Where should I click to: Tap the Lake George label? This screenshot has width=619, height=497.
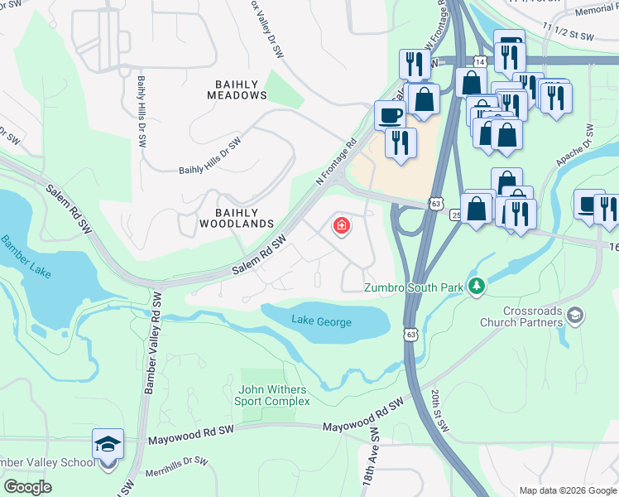tap(321, 322)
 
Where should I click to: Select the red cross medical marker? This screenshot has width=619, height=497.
tap(340, 226)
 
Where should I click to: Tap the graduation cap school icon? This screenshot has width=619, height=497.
tap(108, 445)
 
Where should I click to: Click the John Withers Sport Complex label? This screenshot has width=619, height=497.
tap(274, 395)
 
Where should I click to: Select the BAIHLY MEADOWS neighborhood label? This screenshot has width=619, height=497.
tap(238, 89)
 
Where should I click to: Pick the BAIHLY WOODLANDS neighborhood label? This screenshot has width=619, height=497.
tap(236, 218)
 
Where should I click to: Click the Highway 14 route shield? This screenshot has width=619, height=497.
tap(480, 61)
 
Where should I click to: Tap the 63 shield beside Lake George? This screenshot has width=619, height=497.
tap(410, 333)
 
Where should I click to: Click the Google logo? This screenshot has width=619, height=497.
tap(28, 486)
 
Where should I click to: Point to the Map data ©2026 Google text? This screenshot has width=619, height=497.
tap(567, 490)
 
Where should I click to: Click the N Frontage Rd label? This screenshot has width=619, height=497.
tap(335, 162)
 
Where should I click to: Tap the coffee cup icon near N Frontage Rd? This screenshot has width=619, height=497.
tap(390, 114)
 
